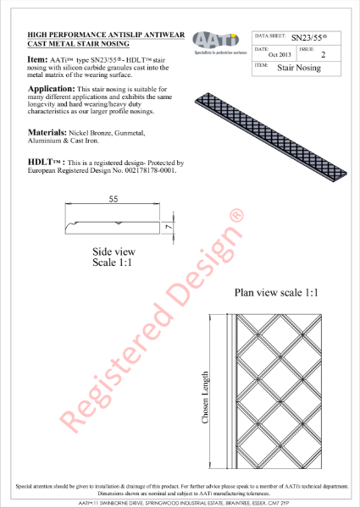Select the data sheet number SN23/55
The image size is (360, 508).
click(308, 38)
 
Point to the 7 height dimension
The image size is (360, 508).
click(169, 227)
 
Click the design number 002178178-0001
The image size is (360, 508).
click(150, 169)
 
